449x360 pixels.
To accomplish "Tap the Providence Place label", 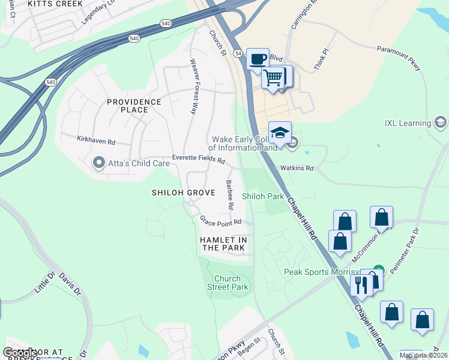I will pyautogui.click(x=134, y=106).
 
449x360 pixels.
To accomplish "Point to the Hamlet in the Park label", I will pyautogui.click(x=223, y=244).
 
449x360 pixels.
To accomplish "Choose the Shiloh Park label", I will pyautogui.click(x=262, y=196).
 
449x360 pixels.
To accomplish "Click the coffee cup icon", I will pyautogui.click(x=258, y=59).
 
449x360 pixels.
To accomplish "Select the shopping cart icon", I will pyautogui.click(x=273, y=77).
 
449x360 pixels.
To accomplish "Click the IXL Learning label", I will pyautogui.click(x=408, y=124).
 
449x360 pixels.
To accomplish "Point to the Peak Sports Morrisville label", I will pyautogui.click(x=324, y=272).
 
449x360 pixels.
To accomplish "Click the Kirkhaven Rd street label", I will pyautogui.click(x=95, y=140).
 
